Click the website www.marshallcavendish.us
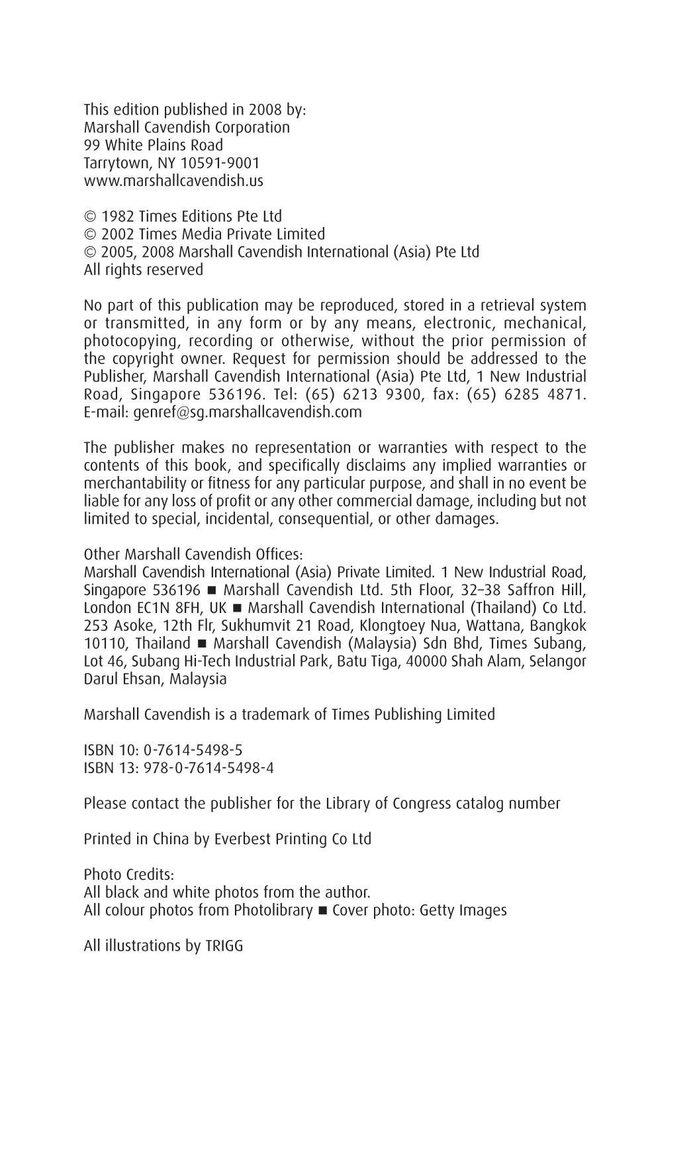tap(173, 181)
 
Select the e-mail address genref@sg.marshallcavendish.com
tap(248, 412)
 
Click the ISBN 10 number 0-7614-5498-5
tap(193, 750)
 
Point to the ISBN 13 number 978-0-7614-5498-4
tap(209, 768)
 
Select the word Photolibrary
tap(273, 910)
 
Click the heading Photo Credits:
tap(129, 874)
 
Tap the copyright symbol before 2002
tap(90, 234)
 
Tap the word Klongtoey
tap(393, 626)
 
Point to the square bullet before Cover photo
tap(322, 911)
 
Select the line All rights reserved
tap(143, 270)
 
